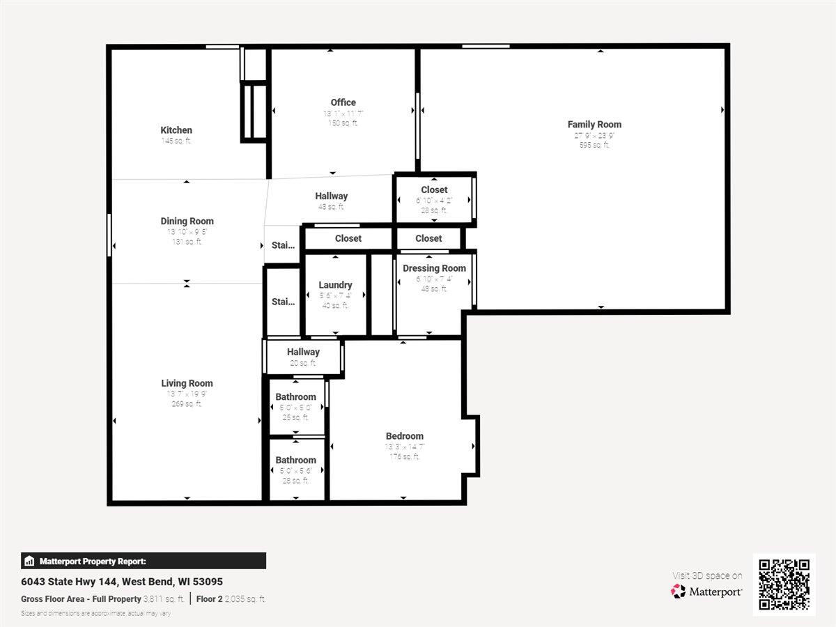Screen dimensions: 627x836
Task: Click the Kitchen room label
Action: pyautogui.click(x=176, y=130)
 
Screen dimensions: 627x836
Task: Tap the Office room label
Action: pyautogui.click(x=343, y=102)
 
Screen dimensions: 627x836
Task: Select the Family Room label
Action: pyautogui.click(x=594, y=125)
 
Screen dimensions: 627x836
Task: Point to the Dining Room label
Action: pyautogui.click(x=187, y=222)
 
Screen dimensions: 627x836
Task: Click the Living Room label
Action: pyautogui.click(x=187, y=383)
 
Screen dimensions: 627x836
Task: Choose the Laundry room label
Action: pyautogui.click(x=335, y=285)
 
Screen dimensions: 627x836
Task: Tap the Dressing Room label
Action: pyautogui.click(x=434, y=268)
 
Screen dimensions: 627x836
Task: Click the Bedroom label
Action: pyautogui.click(x=404, y=437)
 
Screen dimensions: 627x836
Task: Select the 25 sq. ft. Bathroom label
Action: pyautogui.click(x=295, y=397)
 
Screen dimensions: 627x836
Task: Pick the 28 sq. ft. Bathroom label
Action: pyautogui.click(x=295, y=460)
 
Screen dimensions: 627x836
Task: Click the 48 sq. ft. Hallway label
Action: pyautogui.click(x=331, y=196)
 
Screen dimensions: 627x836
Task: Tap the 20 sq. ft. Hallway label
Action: pyautogui.click(x=303, y=353)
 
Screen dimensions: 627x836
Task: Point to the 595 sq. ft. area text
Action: pyautogui.click(x=594, y=146)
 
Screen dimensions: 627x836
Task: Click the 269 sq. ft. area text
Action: pyautogui.click(x=187, y=404)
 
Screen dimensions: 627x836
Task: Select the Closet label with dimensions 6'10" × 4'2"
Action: pyautogui.click(x=434, y=190)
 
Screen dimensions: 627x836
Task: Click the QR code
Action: pyautogui.click(x=784, y=585)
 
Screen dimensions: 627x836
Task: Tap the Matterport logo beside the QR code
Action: pyautogui.click(x=706, y=591)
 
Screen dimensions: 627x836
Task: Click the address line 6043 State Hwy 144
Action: pyautogui.click(x=122, y=582)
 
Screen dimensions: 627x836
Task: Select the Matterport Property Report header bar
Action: pyautogui.click(x=144, y=561)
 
